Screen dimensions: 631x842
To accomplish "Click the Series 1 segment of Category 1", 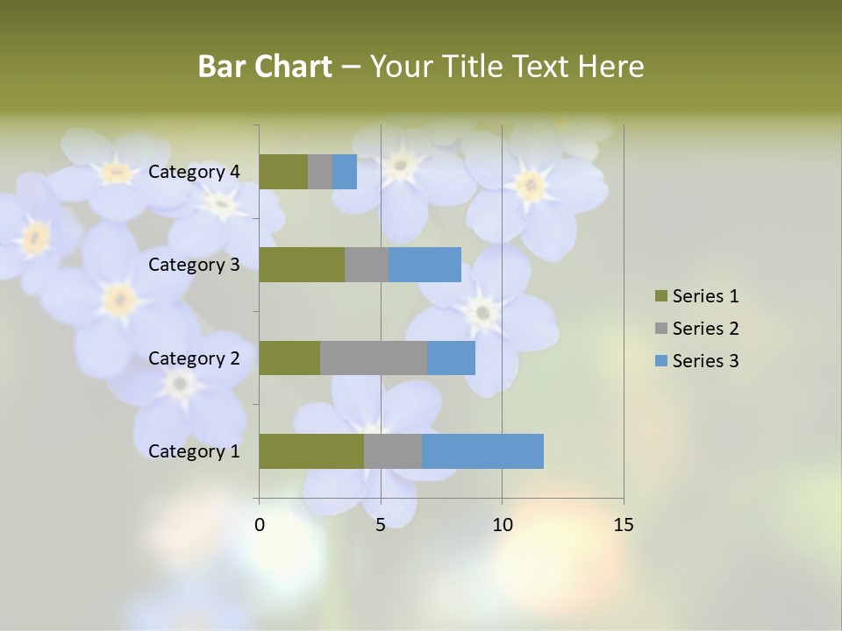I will [x=311, y=451].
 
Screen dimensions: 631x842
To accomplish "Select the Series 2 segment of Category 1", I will [x=393, y=451].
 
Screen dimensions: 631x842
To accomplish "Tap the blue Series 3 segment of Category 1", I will [x=482, y=451].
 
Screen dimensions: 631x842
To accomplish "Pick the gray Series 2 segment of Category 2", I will [x=374, y=358].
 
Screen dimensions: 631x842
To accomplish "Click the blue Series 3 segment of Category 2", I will [x=451, y=358].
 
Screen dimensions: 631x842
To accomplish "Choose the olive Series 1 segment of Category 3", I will [x=302, y=265].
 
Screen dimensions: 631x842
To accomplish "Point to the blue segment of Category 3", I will [x=425, y=265].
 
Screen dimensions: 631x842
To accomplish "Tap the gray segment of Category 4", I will [x=320, y=172].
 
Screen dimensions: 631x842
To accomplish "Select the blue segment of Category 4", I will [x=345, y=172].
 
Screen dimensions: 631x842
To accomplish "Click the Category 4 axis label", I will [x=194, y=172].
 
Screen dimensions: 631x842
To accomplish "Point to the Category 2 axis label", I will [x=194, y=358].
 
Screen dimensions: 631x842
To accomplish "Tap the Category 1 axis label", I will [x=194, y=451].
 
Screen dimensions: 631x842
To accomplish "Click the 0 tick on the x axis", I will [x=260, y=525].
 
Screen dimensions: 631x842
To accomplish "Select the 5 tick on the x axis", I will [x=381, y=525].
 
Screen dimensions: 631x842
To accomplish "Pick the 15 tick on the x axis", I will [x=623, y=525].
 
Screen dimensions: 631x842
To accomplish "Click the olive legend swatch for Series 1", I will [x=660, y=296].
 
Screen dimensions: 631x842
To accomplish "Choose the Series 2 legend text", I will [x=705, y=329].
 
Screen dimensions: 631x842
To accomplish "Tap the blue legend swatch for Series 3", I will [x=660, y=361].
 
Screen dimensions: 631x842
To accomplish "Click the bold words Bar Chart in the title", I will [x=264, y=67].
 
